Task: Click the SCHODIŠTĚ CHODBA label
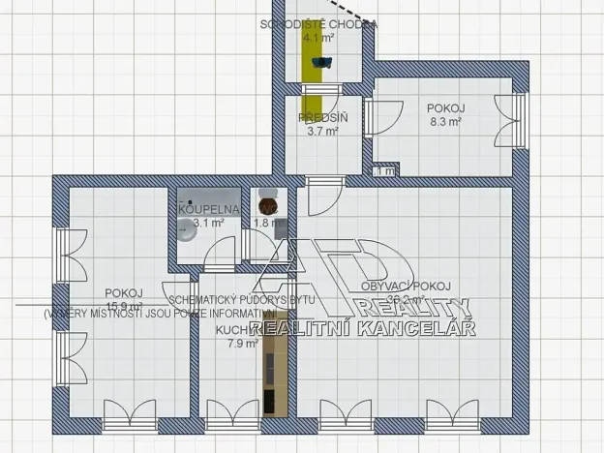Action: coord(318,24)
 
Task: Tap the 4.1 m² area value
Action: coord(317,40)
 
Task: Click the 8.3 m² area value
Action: coord(445,122)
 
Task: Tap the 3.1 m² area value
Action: coord(208,223)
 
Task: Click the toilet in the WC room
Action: coord(265,205)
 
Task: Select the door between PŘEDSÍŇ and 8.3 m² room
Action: coord(368,123)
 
